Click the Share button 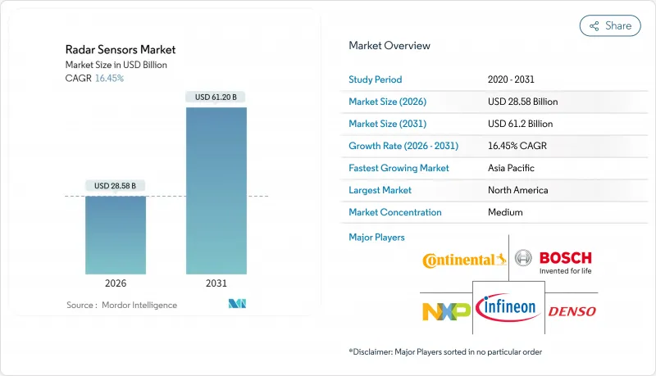(x=610, y=25)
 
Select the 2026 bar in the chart (x=116, y=235)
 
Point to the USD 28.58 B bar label (x=116, y=186)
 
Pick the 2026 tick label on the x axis (x=116, y=284)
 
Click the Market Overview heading (x=389, y=46)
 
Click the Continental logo (x=464, y=260)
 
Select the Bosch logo (x=554, y=261)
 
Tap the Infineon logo (x=508, y=308)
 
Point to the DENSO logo (x=572, y=311)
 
